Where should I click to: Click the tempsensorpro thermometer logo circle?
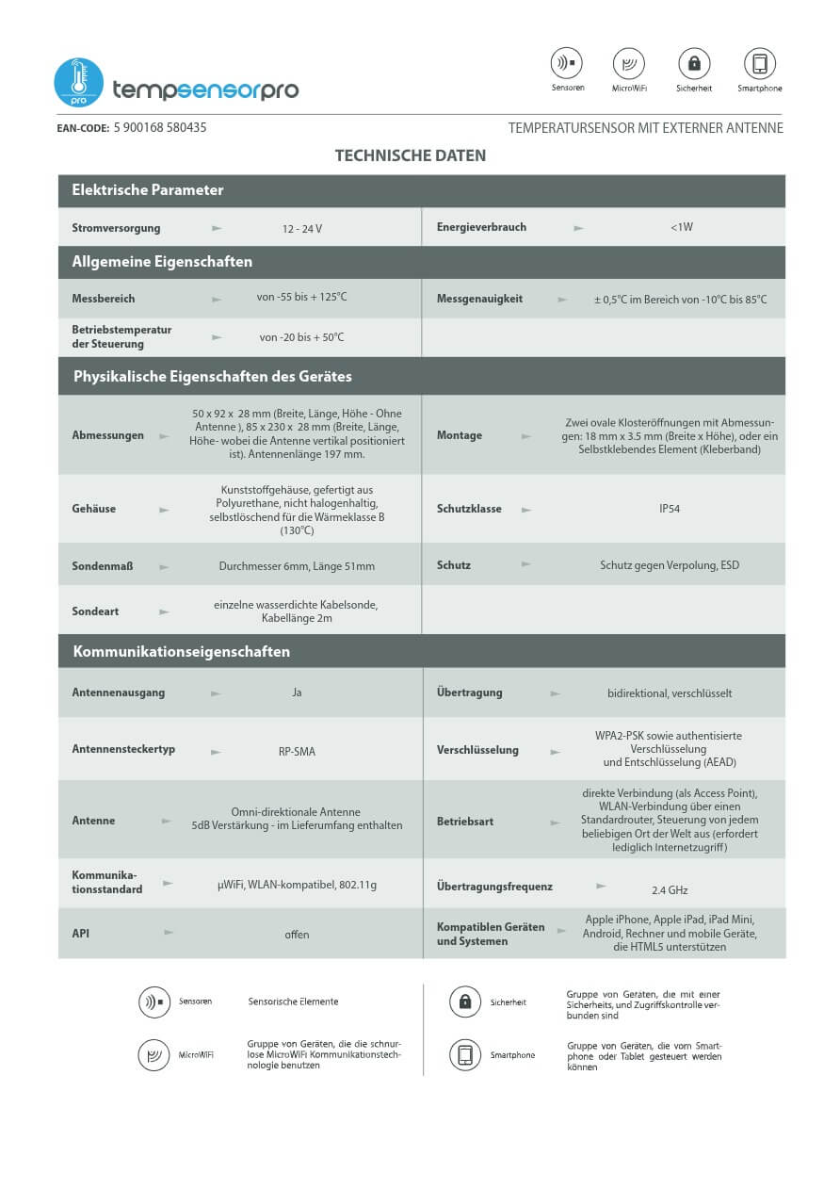(x=78, y=82)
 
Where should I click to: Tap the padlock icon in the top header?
(x=694, y=64)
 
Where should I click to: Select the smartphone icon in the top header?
(x=759, y=64)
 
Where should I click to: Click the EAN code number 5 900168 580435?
(x=160, y=127)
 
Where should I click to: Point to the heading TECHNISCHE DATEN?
(x=411, y=155)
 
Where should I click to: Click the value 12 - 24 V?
(x=302, y=228)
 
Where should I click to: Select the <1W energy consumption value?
(x=682, y=227)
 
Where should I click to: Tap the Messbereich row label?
(x=104, y=299)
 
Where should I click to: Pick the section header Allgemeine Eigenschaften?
(x=162, y=262)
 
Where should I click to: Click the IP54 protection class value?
(x=670, y=509)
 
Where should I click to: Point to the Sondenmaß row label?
(x=102, y=566)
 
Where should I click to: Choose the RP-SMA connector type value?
(x=297, y=752)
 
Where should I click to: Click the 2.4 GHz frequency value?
(x=670, y=890)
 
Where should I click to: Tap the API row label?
(x=81, y=933)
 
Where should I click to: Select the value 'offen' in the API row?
(x=297, y=935)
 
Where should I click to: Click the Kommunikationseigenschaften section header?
(x=181, y=651)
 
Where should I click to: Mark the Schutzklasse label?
(x=469, y=509)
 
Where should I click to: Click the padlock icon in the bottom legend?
(x=464, y=1002)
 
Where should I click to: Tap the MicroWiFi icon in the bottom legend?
(x=153, y=1055)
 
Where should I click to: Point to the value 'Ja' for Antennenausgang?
(x=297, y=693)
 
